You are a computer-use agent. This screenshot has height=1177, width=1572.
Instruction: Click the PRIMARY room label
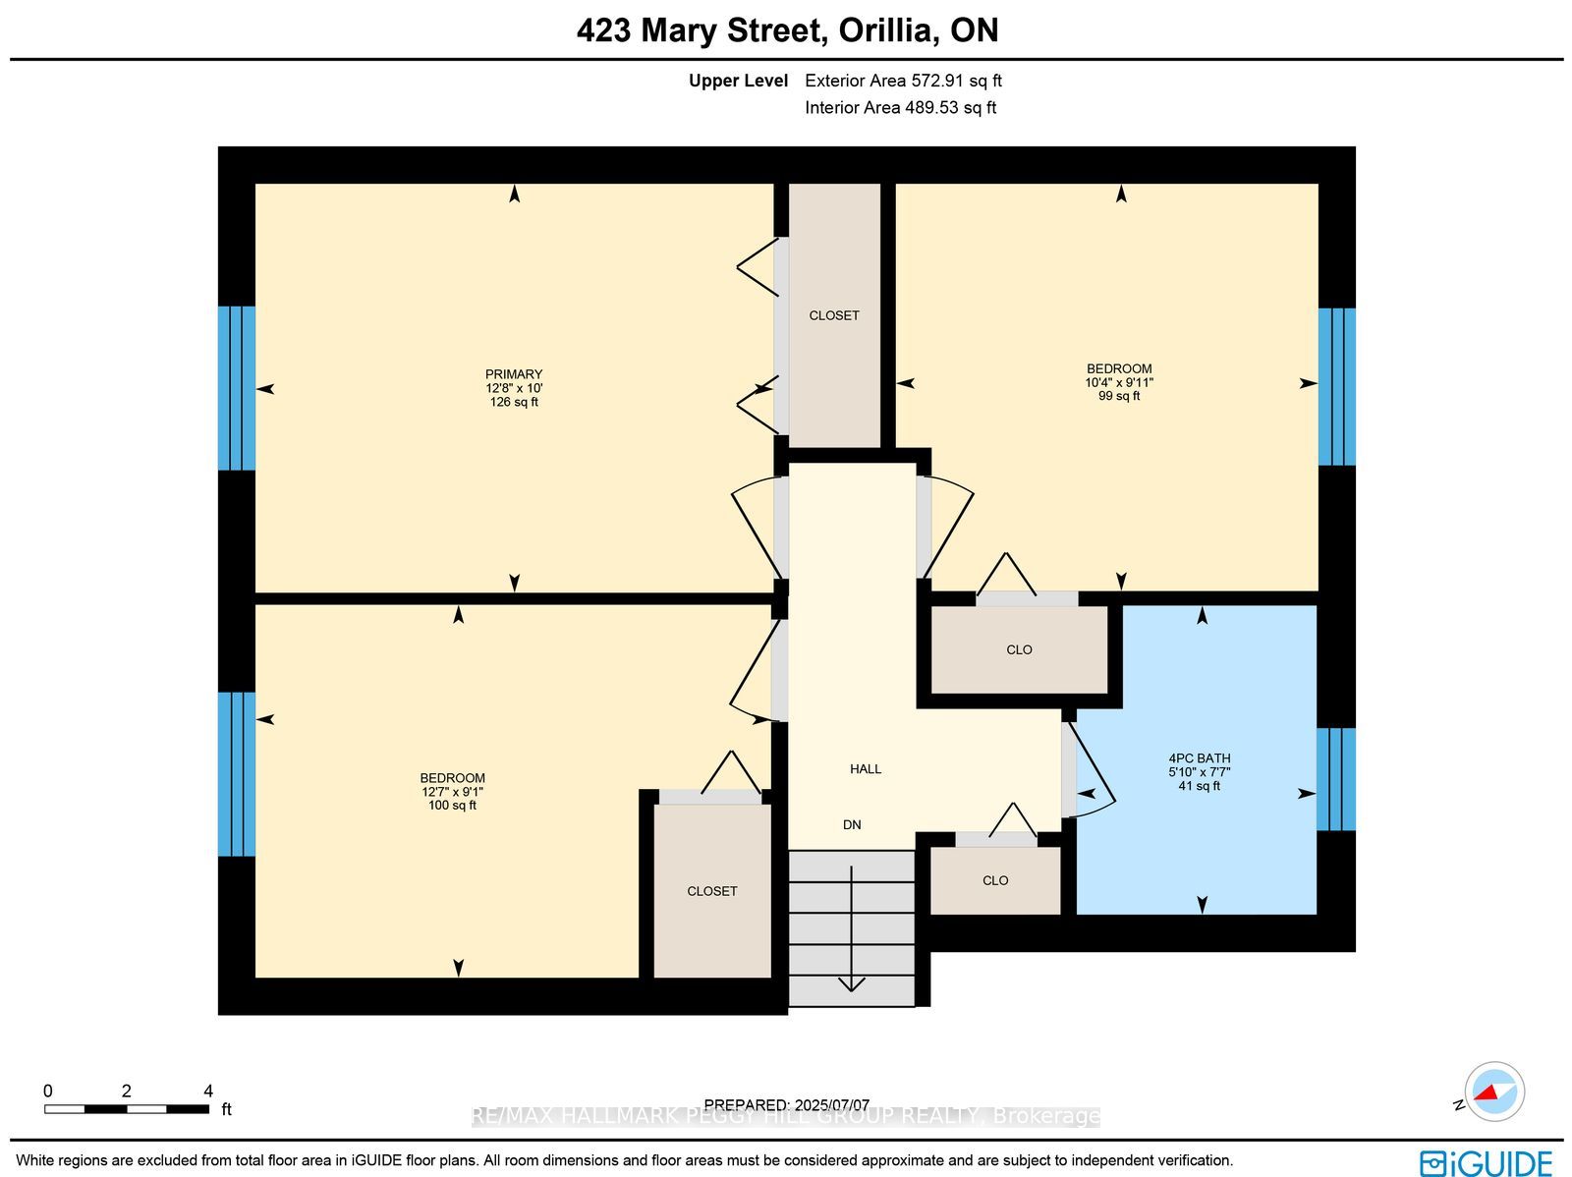(x=514, y=374)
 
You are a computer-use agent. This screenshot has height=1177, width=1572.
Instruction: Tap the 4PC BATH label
(x=1200, y=758)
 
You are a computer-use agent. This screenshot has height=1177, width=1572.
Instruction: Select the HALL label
(x=866, y=769)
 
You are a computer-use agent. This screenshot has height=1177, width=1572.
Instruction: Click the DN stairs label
(x=852, y=824)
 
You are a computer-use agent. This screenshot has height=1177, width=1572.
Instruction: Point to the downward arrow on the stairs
(x=852, y=928)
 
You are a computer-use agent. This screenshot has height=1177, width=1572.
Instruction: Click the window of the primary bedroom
(x=237, y=388)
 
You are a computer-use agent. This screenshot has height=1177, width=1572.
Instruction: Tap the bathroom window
(x=1336, y=779)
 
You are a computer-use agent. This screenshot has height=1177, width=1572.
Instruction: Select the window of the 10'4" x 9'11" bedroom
(x=1337, y=387)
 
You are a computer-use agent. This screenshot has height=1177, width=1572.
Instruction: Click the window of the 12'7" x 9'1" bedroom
(x=237, y=774)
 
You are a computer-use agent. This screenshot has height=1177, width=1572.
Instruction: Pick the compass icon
(x=1494, y=1092)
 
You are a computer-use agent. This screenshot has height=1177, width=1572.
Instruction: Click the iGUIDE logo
(x=1487, y=1162)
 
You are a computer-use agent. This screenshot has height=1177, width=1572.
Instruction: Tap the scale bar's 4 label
(x=208, y=1092)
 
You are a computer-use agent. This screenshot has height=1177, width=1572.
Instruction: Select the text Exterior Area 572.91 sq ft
(x=903, y=81)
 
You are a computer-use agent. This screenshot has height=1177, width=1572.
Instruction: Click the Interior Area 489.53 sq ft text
(x=900, y=107)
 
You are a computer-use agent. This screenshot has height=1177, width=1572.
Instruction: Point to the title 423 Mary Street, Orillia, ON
(x=787, y=30)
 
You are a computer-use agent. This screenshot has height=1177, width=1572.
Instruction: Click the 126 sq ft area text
(x=514, y=402)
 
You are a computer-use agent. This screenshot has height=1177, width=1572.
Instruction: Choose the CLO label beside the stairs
(x=994, y=880)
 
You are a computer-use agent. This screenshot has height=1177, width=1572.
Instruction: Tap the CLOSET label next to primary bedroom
(x=833, y=315)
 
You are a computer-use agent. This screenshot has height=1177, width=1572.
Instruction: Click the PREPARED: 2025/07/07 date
(x=786, y=1104)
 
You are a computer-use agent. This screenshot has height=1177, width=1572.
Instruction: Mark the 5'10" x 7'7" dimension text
(x=1200, y=772)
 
